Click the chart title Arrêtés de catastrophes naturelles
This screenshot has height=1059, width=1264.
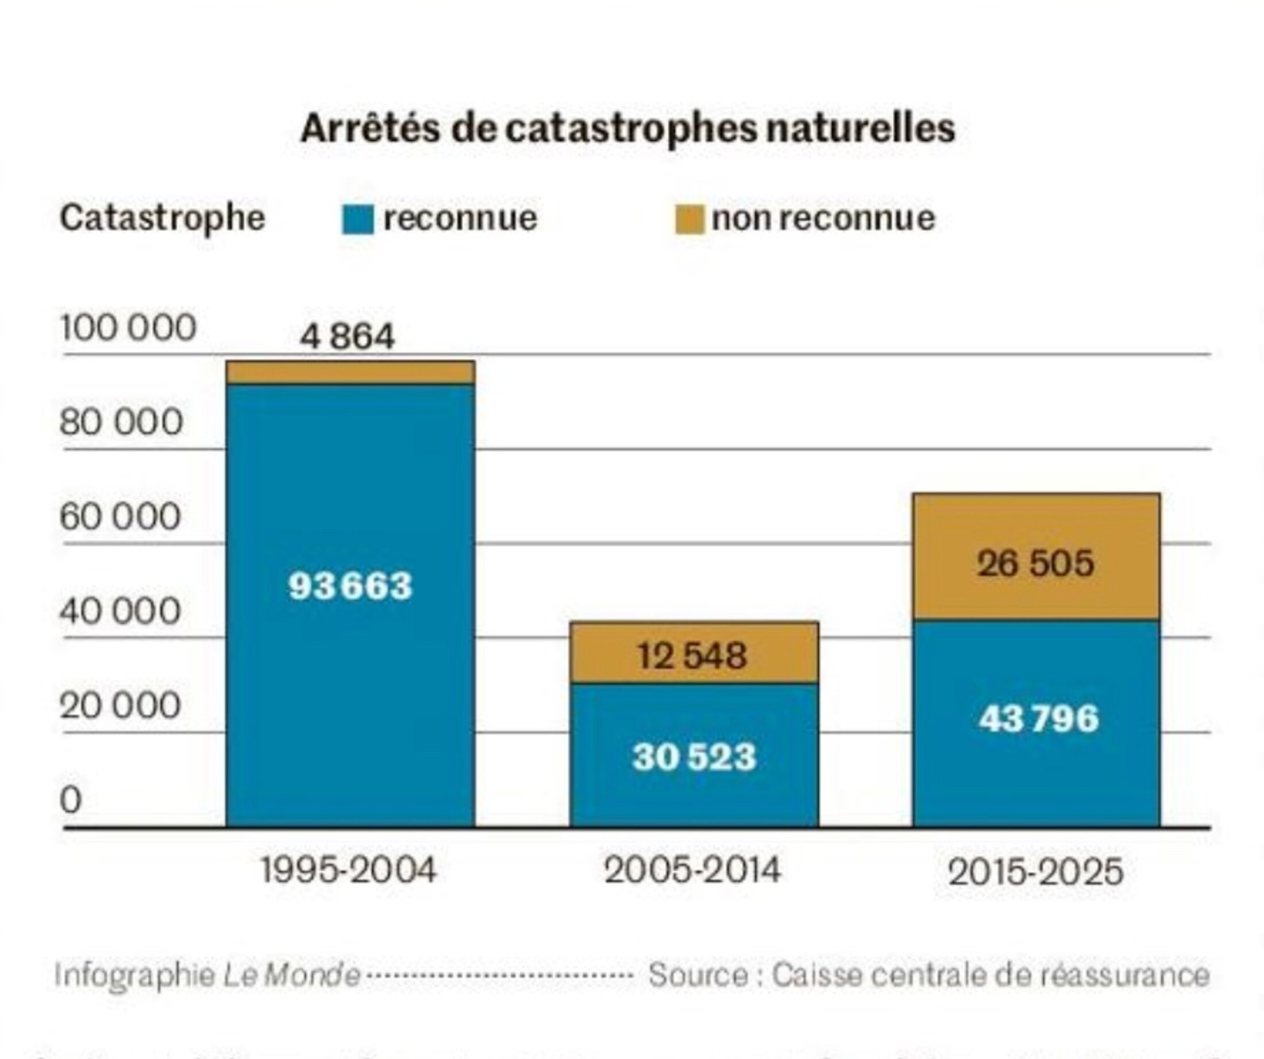click(x=628, y=129)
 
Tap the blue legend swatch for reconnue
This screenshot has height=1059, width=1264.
click(x=357, y=219)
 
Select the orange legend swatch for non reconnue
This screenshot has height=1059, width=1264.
click(x=689, y=219)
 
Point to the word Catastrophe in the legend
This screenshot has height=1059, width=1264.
click(x=162, y=217)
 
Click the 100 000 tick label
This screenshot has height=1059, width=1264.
click(x=128, y=328)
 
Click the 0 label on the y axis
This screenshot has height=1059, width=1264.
click(x=71, y=799)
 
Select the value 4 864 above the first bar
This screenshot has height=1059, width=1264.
click(x=347, y=337)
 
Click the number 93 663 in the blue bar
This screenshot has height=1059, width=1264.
click(x=350, y=585)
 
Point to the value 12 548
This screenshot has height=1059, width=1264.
click(x=692, y=655)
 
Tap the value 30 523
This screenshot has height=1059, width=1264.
click(x=694, y=756)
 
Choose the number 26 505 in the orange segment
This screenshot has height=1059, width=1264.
click(x=1035, y=564)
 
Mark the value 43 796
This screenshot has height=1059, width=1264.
click(x=1038, y=718)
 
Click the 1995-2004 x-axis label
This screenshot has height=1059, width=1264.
click(x=348, y=870)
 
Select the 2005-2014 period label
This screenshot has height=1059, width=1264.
click(x=692, y=870)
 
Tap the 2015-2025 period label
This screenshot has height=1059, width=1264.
click(x=1036, y=872)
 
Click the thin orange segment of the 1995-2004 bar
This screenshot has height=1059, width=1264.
click(x=350, y=373)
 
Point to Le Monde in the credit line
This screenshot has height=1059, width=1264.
click(x=292, y=975)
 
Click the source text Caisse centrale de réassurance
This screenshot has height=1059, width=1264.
click(x=991, y=975)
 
